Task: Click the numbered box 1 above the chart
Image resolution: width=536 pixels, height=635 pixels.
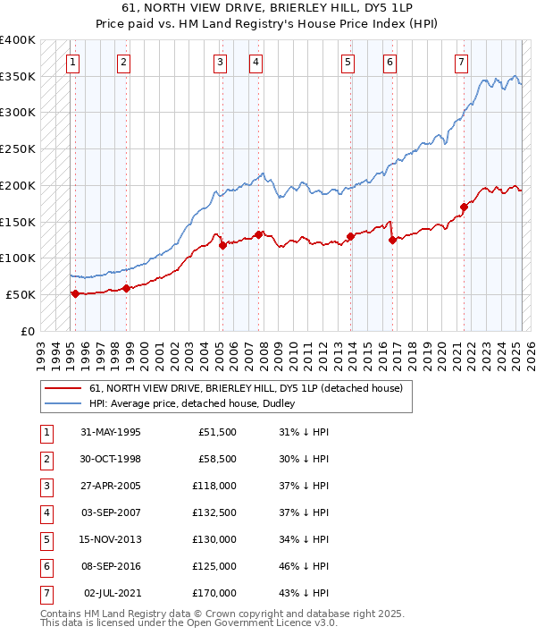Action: (71, 62)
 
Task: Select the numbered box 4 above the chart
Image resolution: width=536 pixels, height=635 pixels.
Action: (255, 62)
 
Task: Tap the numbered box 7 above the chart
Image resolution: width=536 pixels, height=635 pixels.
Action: (461, 62)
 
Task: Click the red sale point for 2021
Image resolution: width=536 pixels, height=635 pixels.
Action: (464, 207)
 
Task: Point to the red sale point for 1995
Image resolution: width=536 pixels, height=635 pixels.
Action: (75, 293)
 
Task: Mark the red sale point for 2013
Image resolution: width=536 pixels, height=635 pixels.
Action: (350, 236)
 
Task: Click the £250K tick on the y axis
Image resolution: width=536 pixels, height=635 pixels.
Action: (18, 148)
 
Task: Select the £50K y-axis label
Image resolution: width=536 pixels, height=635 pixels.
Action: (21, 294)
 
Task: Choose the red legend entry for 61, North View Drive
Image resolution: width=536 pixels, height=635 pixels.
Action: (246, 388)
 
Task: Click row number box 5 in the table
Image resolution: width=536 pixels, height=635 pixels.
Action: (46, 539)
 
